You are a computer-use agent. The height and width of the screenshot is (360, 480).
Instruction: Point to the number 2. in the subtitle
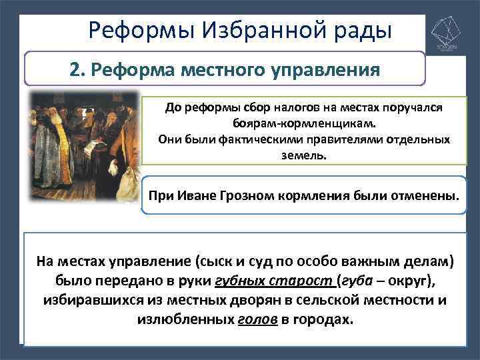pyautogui.click(x=78, y=69)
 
